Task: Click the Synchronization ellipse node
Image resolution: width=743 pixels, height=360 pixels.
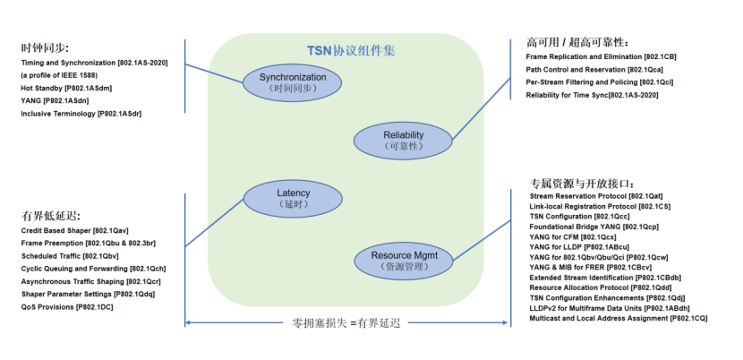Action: pos(293,83)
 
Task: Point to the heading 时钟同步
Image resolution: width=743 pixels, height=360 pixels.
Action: pos(45,47)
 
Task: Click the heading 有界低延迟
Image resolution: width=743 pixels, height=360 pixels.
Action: pos(51,216)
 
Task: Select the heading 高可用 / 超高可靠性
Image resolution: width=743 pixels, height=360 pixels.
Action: pos(577,42)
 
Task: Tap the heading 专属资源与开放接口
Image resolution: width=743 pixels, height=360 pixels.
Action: pos(582,183)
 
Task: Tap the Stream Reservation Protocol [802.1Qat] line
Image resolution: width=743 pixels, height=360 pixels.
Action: pos(596,195)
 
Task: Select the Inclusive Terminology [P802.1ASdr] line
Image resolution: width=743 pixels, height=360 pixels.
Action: pos(81,114)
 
